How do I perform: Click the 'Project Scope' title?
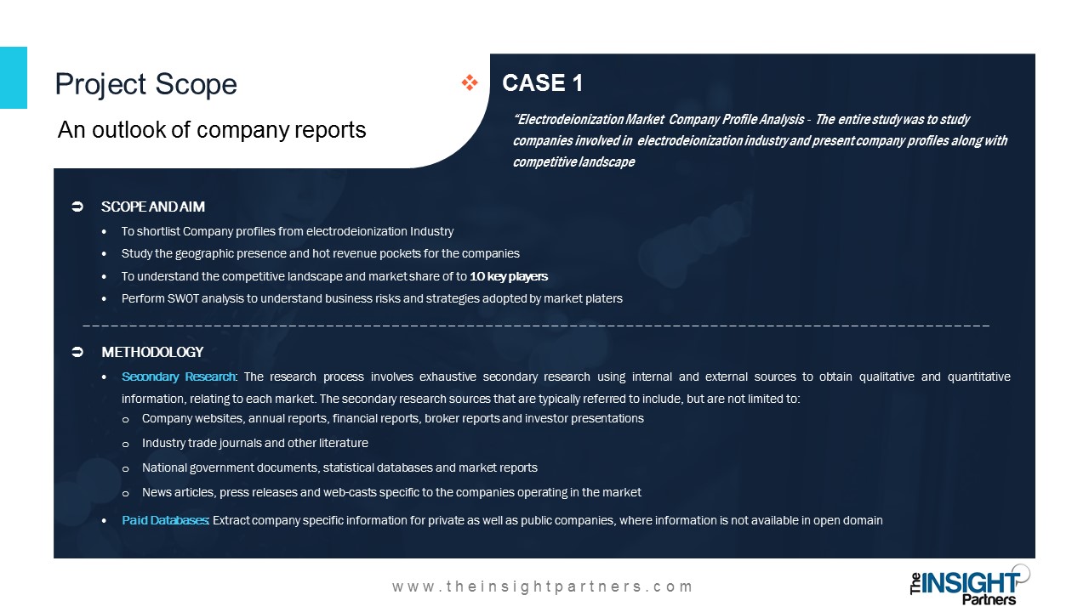point(145,84)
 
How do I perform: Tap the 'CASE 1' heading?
point(543,82)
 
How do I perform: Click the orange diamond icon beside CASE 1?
point(470,82)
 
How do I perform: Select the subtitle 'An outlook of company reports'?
point(212,130)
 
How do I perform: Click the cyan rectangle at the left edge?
point(13,77)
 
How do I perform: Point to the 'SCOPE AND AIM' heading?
point(152,207)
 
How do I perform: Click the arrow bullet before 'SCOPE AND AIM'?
point(77,207)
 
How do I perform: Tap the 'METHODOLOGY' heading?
point(152,352)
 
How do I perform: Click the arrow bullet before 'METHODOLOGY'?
point(77,352)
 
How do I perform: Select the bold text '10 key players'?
point(509,276)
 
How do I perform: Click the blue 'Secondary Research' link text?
point(179,377)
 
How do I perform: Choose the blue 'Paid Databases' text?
point(165,520)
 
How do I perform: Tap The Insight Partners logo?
point(969,586)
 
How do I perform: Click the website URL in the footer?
point(542,586)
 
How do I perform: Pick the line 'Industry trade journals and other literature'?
point(254,443)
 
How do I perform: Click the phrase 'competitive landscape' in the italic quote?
point(573,161)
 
